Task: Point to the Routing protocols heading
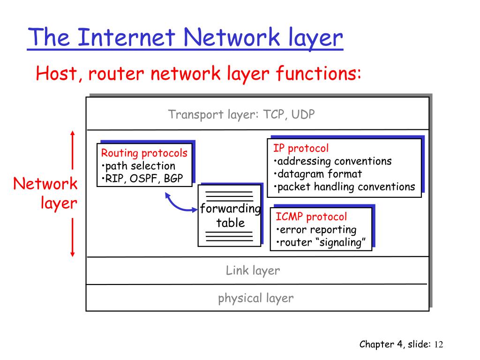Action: pyautogui.click(x=144, y=153)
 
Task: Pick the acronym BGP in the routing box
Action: pyautogui.click(x=173, y=178)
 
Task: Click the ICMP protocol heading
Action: pyautogui.click(x=311, y=217)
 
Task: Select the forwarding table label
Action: pyautogui.click(x=230, y=216)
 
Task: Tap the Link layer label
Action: pyautogui.click(x=253, y=270)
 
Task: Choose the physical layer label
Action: pyautogui.click(x=255, y=298)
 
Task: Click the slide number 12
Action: pyautogui.click(x=438, y=345)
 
